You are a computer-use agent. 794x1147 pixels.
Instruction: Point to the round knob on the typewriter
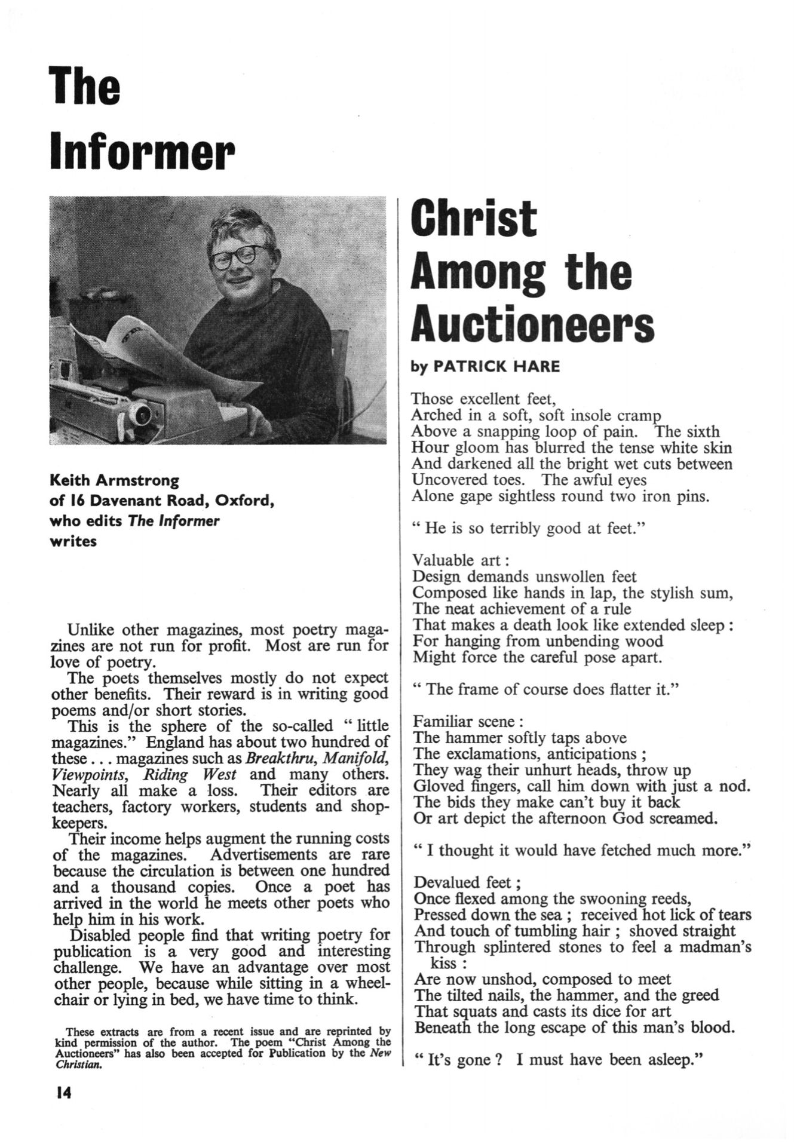click(x=142, y=412)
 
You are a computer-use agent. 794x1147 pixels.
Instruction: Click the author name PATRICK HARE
click(x=496, y=366)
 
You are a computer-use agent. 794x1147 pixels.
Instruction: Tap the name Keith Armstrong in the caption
click(x=114, y=480)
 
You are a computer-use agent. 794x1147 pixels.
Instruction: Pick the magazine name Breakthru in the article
click(x=277, y=759)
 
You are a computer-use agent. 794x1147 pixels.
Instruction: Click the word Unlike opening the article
click(x=91, y=630)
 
